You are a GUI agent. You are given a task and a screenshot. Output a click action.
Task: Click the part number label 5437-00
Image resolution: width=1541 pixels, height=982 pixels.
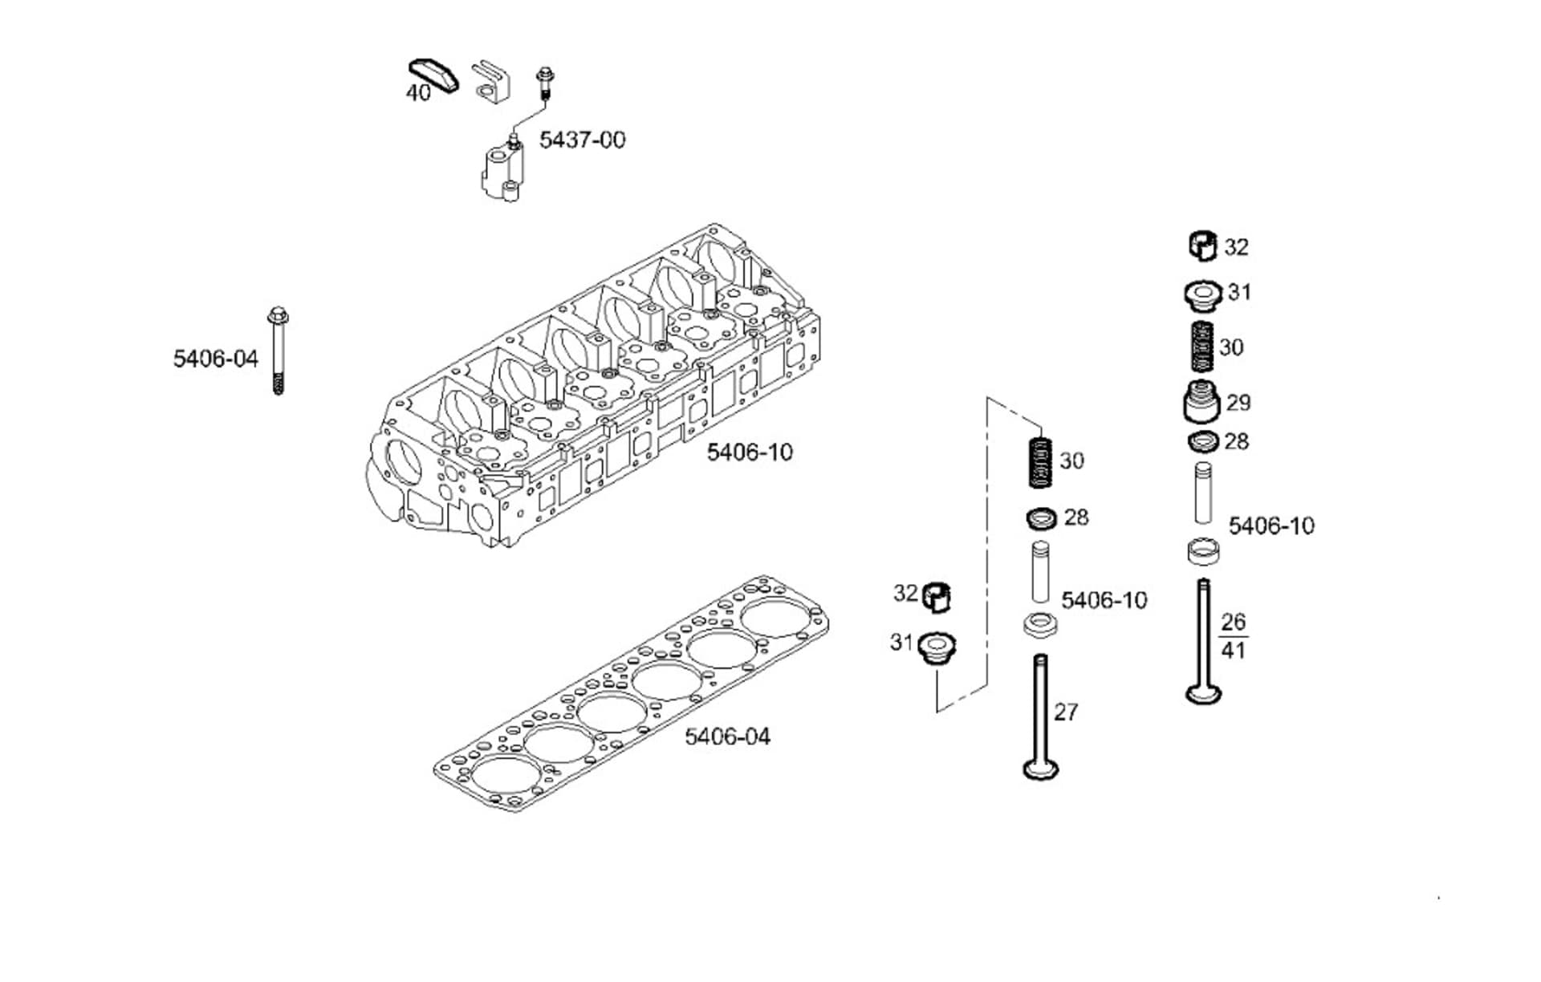(582, 140)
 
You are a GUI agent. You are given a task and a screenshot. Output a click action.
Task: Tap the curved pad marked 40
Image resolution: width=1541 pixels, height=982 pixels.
(434, 75)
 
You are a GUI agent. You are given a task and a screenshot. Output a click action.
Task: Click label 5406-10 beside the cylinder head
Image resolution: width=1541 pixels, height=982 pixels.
(749, 452)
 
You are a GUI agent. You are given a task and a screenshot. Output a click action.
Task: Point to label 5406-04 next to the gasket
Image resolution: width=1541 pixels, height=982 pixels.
(726, 736)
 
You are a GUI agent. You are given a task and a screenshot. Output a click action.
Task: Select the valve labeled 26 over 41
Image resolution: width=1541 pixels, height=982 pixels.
(1203, 642)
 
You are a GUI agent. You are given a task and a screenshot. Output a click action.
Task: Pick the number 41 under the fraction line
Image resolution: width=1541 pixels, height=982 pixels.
(1233, 650)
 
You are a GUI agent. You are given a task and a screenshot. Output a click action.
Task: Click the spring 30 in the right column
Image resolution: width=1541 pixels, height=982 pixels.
(1201, 347)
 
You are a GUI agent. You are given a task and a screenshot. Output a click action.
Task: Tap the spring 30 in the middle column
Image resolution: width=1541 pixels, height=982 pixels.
(1041, 461)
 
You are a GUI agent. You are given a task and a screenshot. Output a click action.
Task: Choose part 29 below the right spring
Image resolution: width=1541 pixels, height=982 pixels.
(1201, 402)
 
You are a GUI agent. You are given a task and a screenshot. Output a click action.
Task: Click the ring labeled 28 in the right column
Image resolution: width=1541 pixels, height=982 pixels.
(1202, 441)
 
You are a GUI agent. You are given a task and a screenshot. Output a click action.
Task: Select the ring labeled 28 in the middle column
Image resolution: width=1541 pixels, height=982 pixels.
(1042, 518)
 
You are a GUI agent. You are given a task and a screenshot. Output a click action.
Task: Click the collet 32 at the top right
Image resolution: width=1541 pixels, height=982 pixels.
(1202, 245)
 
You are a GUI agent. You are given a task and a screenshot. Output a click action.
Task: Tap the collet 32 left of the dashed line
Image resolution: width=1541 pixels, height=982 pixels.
(936, 597)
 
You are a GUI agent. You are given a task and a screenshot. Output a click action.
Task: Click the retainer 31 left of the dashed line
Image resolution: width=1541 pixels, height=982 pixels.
(935, 647)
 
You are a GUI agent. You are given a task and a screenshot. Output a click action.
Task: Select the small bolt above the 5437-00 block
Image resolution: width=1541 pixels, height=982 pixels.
(545, 83)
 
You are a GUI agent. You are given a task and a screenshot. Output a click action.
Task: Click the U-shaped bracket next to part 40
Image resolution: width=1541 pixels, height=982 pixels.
(489, 81)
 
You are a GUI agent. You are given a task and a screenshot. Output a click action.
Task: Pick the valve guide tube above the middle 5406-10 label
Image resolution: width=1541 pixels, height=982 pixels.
(1040, 571)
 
